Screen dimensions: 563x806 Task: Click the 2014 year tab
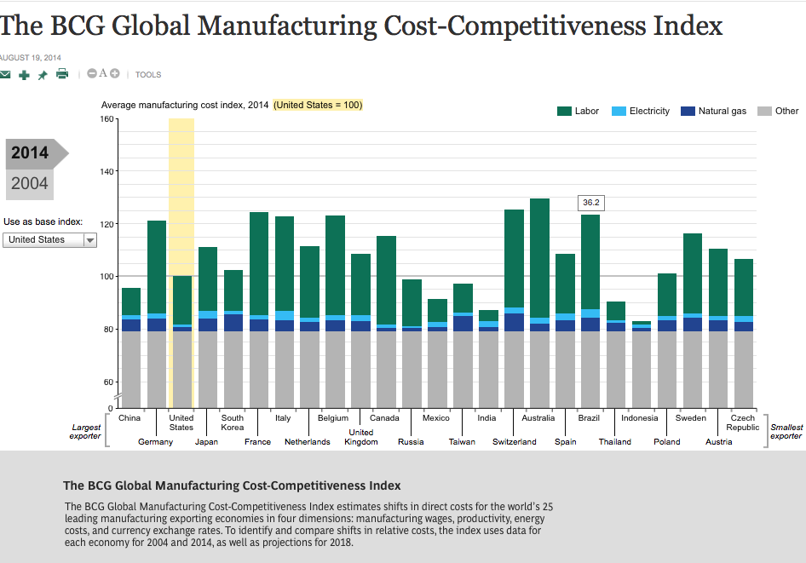[30, 154]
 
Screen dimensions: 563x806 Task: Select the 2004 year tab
[30, 183]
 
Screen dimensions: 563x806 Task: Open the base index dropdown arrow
[89, 240]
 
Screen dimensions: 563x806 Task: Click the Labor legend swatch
[564, 112]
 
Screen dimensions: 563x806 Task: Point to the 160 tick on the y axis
[107, 119]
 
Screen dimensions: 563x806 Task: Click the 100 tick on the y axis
[107, 277]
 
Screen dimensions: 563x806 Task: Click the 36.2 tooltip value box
[590, 203]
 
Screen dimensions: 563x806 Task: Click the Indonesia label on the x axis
[640, 418]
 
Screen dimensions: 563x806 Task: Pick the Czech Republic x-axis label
[743, 422]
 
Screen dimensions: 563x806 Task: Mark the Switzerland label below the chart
[515, 442]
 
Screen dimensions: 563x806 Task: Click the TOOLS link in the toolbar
[148, 75]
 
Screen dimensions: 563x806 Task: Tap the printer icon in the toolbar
[62, 74]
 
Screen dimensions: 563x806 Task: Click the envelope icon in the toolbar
[5, 75]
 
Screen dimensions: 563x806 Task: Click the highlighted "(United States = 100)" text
[318, 105]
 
